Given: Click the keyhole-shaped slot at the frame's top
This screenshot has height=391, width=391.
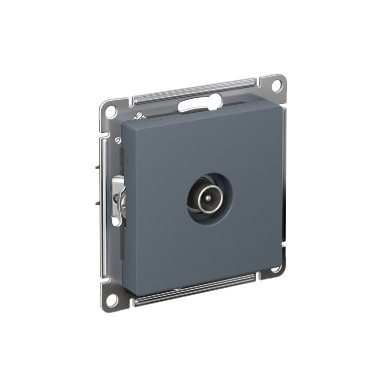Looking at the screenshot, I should pos(200,103).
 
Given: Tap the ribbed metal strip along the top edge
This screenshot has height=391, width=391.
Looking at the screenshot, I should pos(195,88).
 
